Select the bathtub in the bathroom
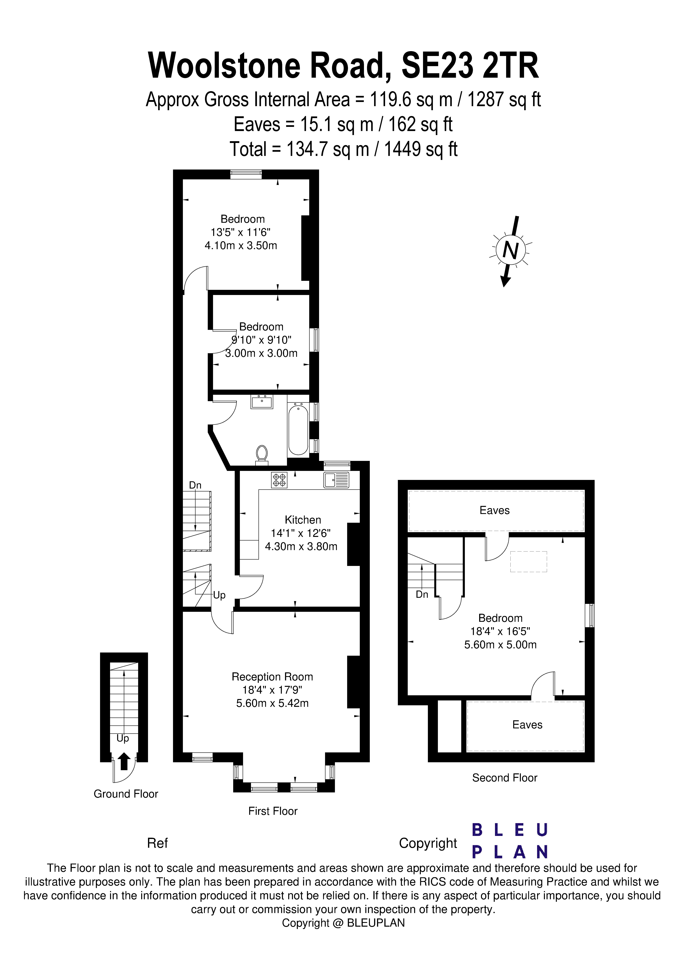tap(298, 430)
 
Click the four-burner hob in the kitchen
tap(279, 480)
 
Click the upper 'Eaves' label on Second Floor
tap(494, 510)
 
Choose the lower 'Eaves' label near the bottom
tap(527, 725)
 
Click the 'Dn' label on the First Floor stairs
tap(195, 485)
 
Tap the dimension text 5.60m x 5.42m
tap(272, 703)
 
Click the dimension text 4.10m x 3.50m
tap(241, 245)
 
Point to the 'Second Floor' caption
tap(505, 778)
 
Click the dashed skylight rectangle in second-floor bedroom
tap(528, 561)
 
